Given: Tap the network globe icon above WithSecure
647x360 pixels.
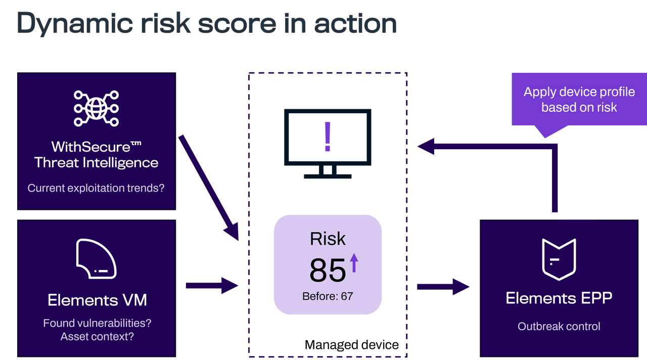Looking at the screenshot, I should [96, 108].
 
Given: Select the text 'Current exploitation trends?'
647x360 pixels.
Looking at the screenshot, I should [96, 188].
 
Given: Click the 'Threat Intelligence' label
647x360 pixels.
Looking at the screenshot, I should [96, 163].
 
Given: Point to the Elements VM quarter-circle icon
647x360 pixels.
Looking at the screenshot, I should [96, 259].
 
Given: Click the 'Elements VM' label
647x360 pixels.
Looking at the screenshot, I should [97, 300].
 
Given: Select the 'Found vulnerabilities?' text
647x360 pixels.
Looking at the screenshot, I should [97, 323].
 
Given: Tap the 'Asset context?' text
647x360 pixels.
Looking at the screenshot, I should [97, 336].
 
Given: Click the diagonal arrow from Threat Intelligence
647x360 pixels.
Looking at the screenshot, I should [208, 187].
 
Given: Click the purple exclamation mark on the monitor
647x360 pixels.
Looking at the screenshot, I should [328, 137].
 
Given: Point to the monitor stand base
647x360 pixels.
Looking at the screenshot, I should [328, 176].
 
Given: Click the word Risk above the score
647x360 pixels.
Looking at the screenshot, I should [328, 239].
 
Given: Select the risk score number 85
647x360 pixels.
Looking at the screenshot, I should [328, 270].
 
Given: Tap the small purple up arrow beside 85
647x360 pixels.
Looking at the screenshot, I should [354, 263].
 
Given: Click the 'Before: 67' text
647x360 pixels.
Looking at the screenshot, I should [328, 296].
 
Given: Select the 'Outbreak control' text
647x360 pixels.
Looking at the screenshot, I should [559, 326].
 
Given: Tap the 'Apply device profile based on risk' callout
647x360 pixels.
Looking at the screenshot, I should [579, 100].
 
